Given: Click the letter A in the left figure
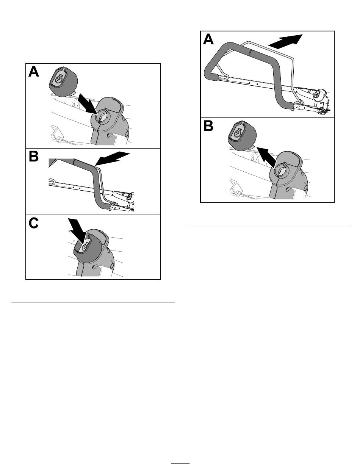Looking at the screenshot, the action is (34, 71).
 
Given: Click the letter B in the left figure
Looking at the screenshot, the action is (33, 157).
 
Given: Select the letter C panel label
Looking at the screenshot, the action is (33, 223).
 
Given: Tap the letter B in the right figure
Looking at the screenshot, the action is (208, 126).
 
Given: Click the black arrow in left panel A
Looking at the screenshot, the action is (87, 103).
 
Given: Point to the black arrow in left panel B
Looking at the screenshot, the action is (112, 158).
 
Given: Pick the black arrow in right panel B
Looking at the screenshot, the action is (266, 157).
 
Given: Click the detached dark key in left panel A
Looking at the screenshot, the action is (63, 81).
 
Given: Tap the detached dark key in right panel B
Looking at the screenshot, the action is (242, 136).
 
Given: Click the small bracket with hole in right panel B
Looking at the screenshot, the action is (236, 187).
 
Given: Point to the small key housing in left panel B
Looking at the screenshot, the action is (129, 196).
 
